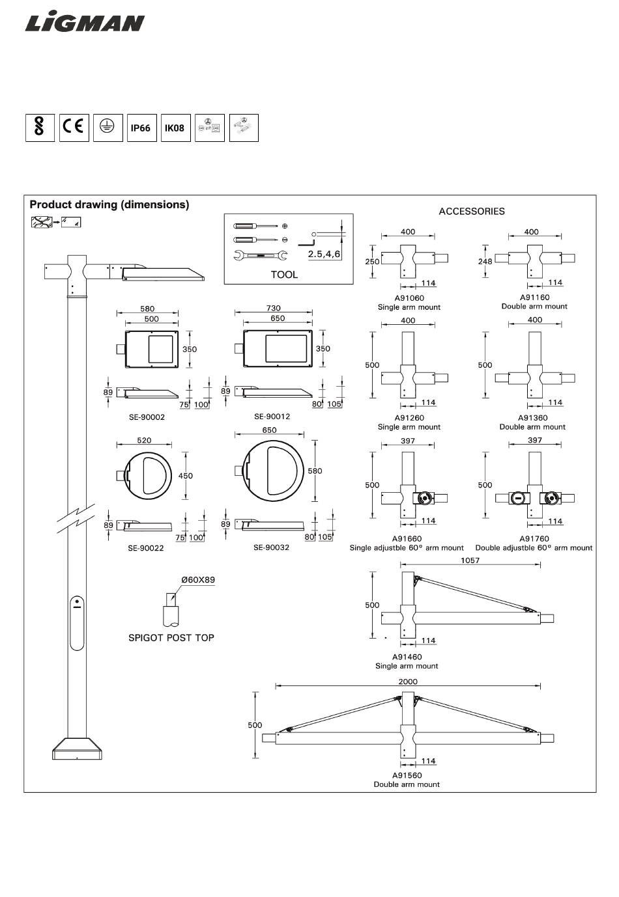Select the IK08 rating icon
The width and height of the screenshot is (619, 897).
click(x=175, y=128)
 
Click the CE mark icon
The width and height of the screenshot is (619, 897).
click(x=74, y=128)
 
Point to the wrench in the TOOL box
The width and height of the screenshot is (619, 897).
click(x=260, y=255)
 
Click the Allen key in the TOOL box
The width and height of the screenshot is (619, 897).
click(x=307, y=241)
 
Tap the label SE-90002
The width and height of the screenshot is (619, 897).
click(x=147, y=417)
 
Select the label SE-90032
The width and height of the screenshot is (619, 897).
click(x=271, y=547)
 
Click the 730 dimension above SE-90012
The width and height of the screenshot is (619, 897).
click(x=274, y=308)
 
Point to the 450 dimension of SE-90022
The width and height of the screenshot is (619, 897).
click(x=185, y=476)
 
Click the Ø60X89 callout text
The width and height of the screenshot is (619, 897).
click(x=198, y=579)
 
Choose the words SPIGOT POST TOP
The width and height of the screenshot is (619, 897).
click(x=171, y=638)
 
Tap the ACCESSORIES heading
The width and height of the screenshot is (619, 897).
click(x=472, y=212)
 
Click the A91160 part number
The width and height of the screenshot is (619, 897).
click(x=534, y=297)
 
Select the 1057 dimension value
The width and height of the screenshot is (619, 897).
click(x=470, y=560)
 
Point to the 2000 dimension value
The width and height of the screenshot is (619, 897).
click(x=408, y=682)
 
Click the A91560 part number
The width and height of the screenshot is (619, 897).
click(x=407, y=775)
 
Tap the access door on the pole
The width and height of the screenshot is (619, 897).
click(x=77, y=623)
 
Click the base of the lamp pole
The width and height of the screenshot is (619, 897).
click(x=77, y=749)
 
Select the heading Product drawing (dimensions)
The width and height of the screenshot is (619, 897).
click(x=109, y=204)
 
